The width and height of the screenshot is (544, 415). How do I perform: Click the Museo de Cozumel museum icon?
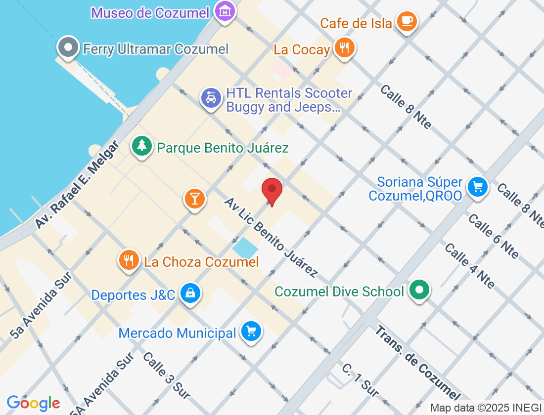pos(225,11)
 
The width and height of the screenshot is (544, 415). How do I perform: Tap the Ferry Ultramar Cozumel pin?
pos(68,48)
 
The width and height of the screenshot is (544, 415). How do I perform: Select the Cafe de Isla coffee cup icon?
pos(407,21)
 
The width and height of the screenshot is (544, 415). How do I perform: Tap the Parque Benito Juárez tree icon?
pos(142,146)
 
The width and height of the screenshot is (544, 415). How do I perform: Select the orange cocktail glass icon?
pos(195,198)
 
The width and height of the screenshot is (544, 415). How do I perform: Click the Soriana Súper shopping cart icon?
pos(477,187)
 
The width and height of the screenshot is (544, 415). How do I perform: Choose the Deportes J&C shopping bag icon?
pos(189,293)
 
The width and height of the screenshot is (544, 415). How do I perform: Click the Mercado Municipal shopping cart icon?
pos(251,331)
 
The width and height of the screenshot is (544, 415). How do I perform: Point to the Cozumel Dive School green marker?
pos(419,290)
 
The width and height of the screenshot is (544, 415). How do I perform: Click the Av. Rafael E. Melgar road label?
pos(77,185)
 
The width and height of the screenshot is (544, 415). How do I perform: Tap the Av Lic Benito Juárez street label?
pos(271,237)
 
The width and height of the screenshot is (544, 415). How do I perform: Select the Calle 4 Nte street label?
pos(469,266)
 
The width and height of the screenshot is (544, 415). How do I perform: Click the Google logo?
pos(34,403)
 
